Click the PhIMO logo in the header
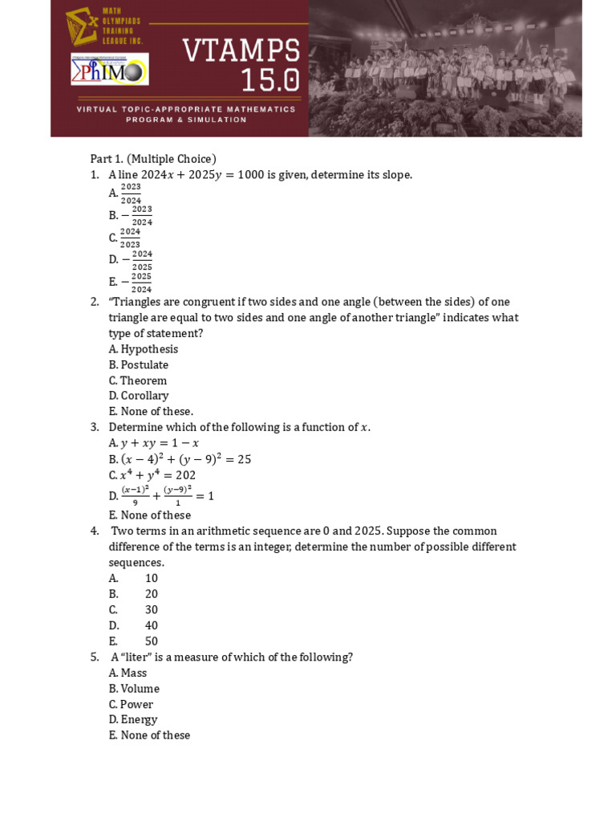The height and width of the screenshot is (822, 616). (109, 69)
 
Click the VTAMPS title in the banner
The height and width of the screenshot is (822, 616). (241, 51)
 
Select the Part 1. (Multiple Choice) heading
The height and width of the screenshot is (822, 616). (153, 159)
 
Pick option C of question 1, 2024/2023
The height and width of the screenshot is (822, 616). (129, 238)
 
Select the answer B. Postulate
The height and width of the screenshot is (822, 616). (139, 365)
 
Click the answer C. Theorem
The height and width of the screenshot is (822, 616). (138, 380)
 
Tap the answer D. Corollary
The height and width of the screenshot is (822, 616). (139, 396)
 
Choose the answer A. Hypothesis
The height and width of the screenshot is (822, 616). (144, 349)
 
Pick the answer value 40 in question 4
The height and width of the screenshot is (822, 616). (152, 625)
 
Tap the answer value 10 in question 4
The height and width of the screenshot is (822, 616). (152, 578)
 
